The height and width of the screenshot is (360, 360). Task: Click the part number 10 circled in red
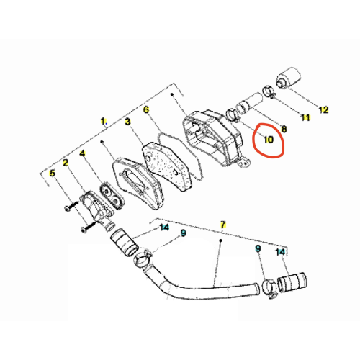click(x=269, y=140)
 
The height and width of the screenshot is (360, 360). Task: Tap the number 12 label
click(x=323, y=110)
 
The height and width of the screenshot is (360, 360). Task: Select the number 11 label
click(x=305, y=117)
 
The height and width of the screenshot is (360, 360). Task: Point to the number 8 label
click(x=284, y=129)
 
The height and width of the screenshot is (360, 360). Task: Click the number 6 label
click(x=146, y=109)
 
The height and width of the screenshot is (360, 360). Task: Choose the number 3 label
click(x=127, y=122)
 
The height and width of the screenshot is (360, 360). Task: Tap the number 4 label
click(x=82, y=153)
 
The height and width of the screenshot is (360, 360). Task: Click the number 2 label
click(x=66, y=163)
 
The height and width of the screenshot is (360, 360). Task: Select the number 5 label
click(x=52, y=173)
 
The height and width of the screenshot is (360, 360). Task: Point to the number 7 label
click(x=223, y=225)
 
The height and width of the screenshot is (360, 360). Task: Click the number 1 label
click(x=103, y=121)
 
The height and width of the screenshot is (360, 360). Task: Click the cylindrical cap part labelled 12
click(x=289, y=78)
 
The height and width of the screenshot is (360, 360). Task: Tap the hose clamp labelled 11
click(x=269, y=92)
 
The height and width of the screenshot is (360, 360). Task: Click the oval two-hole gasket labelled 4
click(x=112, y=196)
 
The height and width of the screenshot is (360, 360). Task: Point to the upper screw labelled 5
click(x=71, y=206)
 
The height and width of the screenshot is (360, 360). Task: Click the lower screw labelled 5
click(x=89, y=227)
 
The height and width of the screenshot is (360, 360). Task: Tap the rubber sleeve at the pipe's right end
click(x=292, y=282)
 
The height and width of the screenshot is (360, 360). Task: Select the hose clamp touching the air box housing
click(x=233, y=114)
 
